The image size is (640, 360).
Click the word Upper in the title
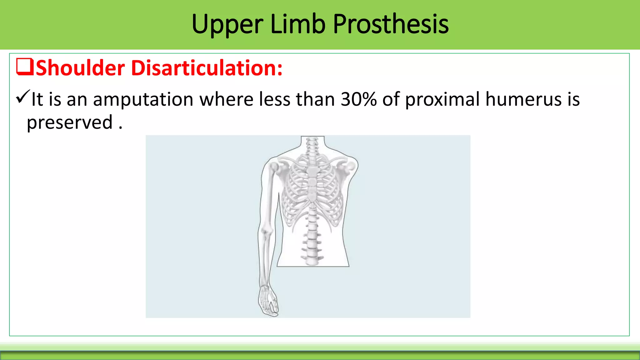227,24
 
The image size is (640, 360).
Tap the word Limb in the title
297,24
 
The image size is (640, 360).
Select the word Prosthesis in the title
391,24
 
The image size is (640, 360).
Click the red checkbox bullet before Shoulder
25,67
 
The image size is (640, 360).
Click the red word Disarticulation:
207,68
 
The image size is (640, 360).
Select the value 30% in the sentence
358,99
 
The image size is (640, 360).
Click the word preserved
69,122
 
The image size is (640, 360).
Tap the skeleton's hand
268,302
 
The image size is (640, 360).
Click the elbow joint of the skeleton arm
266,232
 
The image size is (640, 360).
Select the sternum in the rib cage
312,184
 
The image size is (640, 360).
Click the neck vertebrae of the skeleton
312,145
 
